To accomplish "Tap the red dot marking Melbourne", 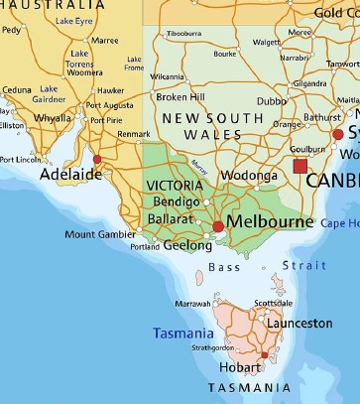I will [218, 227].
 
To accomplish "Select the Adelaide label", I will [70, 174].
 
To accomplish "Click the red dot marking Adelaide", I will [96, 159].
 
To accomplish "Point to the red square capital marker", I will [300, 166].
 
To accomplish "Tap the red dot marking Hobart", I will [264, 354].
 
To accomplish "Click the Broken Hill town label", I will [180, 97].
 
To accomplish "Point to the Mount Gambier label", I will [94, 235].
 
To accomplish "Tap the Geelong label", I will [187, 245].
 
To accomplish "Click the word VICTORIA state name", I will [176, 186].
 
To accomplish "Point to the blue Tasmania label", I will [182, 334].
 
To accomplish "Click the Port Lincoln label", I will [22, 159].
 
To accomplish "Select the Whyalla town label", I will [53, 117].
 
